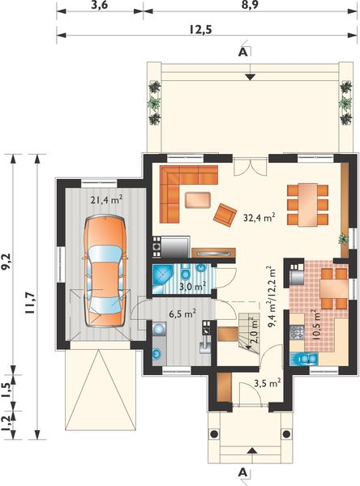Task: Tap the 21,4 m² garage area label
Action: click(x=105, y=199)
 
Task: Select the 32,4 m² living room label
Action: click(x=259, y=216)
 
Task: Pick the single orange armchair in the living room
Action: click(x=225, y=213)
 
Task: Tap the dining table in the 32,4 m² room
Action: click(x=306, y=203)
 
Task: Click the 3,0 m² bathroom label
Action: click(x=193, y=286)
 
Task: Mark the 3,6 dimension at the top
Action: click(x=99, y=6)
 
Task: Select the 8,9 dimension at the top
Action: click(x=250, y=6)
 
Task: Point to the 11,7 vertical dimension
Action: click(x=30, y=301)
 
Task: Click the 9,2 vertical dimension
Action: click(x=6, y=260)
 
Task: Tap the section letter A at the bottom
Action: click(x=242, y=471)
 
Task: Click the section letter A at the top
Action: click(x=242, y=52)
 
